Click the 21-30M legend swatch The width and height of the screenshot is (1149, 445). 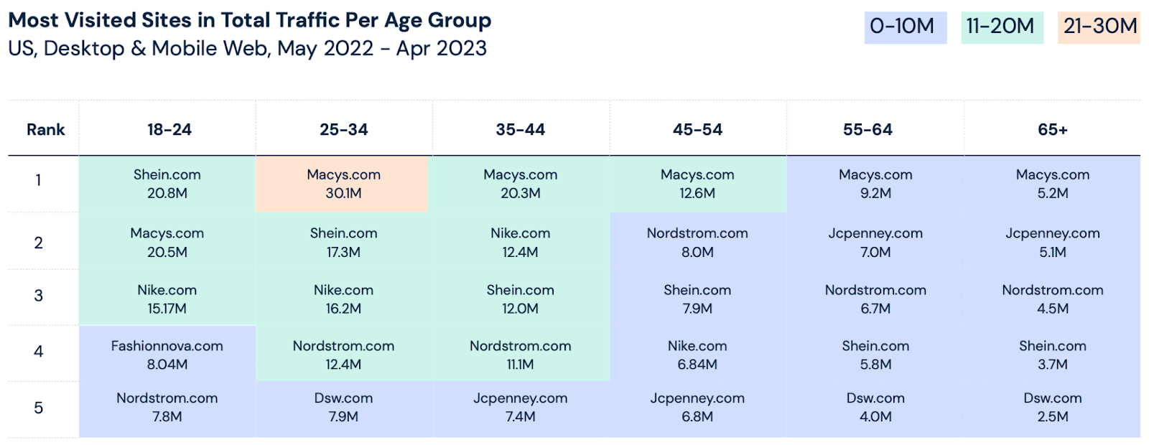(1099, 27)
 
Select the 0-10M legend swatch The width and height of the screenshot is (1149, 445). (905, 27)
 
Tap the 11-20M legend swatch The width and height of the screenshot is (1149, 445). (1002, 27)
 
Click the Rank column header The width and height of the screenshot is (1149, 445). (45, 130)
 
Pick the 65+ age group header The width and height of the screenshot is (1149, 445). (1052, 130)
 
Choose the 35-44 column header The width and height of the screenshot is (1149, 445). (520, 130)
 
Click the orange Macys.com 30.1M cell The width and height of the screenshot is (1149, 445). (343, 184)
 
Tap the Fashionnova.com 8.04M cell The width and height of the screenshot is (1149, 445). (167, 355)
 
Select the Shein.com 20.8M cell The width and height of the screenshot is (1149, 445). (167, 184)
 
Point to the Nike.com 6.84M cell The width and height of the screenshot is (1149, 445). (697, 355)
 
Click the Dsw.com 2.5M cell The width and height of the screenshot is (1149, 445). (1052, 407)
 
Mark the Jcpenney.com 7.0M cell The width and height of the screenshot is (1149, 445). (875, 243)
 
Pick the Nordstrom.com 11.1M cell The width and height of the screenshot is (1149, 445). (520, 355)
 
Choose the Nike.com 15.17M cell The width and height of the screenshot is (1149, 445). (167, 299)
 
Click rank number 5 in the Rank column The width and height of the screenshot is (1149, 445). (39, 408)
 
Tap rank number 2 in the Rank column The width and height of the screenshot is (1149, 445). (39, 243)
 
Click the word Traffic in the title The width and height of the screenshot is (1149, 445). (316, 20)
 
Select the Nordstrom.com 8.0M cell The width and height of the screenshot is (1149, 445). (697, 243)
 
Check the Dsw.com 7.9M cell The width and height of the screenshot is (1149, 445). (343, 407)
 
